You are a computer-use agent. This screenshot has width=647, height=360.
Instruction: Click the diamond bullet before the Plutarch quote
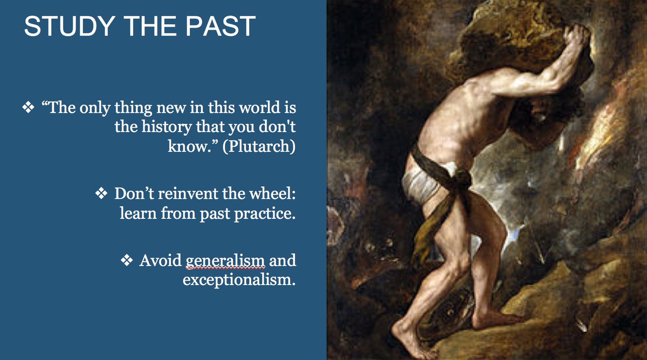pyautogui.click(x=27, y=108)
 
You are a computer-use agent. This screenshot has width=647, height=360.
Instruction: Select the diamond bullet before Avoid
pyautogui.click(x=127, y=261)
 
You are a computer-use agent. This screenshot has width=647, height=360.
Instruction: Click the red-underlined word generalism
pyautogui.click(x=226, y=261)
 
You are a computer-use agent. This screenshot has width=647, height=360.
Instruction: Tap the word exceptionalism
pyautogui.click(x=239, y=280)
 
